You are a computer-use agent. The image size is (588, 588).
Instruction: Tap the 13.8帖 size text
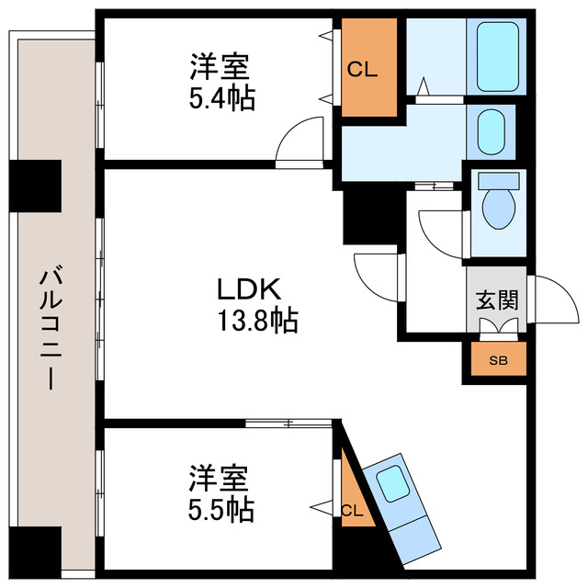click(256, 321)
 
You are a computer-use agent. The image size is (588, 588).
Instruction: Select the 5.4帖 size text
click(220, 97)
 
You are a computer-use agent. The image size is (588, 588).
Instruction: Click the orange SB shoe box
click(497, 360)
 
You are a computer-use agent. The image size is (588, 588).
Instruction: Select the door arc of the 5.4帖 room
click(301, 141)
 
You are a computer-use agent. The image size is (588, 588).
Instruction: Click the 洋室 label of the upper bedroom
click(220, 67)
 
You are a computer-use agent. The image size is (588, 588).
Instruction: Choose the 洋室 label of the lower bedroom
click(220, 477)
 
